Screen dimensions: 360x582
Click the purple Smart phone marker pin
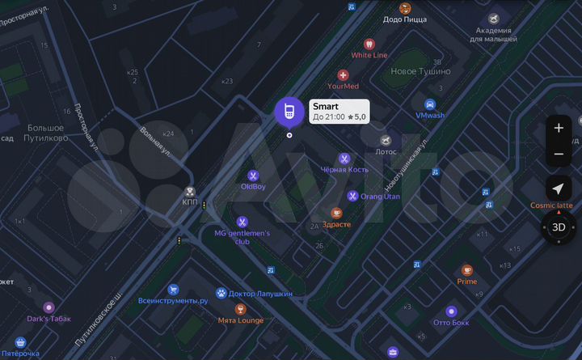[289, 112]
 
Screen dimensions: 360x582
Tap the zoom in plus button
[559, 128]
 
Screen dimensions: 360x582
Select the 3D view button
[559, 227]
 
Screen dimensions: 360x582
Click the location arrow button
[559, 188]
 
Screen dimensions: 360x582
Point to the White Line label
[369, 55]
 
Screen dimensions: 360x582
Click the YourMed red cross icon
[343, 74]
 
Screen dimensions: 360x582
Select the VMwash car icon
[430, 104]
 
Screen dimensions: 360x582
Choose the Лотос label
[386, 151]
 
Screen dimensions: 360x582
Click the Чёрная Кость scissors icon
[344, 159]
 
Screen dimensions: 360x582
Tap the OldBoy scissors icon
[253, 176]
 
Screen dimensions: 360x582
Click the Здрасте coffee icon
[337, 214]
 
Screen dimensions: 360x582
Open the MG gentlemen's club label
[242, 237]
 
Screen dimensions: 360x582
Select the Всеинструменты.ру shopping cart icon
[173, 289]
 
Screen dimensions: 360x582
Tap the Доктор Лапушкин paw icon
[221, 293]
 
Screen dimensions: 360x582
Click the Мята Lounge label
[241, 320]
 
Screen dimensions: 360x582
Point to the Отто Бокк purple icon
[451, 311]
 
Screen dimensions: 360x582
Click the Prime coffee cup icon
[466, 270]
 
